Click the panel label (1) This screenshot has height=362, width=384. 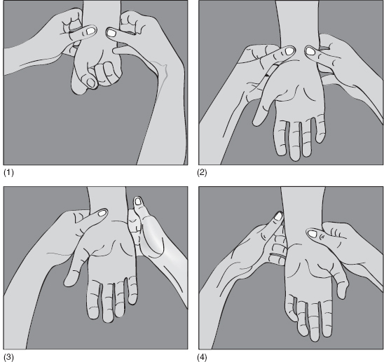pos(8,172)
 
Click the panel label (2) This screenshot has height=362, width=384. pos(202,172)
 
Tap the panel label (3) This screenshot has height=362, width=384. pos(8,357)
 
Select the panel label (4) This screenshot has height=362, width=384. pos(202,357)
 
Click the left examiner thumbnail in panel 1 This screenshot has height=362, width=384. pos(91,31)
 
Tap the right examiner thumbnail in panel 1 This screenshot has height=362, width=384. pos(111,33)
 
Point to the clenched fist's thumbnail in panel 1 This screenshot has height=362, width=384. pos(91,83)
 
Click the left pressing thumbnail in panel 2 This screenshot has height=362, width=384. pos(289,51)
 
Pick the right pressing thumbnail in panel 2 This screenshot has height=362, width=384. pos(310,51)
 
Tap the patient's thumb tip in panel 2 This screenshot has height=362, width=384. pos(256,122)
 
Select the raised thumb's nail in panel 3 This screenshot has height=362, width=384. pos(138,201)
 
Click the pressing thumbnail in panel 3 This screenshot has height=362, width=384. pos(102,213)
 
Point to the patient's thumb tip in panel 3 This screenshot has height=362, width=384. pos(68,282)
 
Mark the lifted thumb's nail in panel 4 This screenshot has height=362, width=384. pos(277,216)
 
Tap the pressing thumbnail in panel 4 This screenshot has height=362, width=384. pos(312,234)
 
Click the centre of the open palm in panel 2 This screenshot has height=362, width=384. pos(298,93)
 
